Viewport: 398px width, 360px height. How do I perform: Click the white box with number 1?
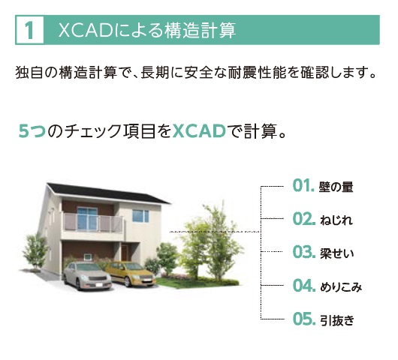29,30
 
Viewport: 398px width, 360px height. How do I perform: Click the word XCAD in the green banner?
86,30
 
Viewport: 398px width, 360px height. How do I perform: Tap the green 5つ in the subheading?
32,131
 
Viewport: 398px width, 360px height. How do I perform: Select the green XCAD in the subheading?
199,131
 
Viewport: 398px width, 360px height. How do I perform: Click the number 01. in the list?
303,185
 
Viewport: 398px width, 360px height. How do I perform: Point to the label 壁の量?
336,187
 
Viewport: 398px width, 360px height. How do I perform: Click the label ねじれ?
336,220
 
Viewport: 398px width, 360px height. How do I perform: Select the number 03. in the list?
304,252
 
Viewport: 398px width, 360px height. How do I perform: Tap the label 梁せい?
336,253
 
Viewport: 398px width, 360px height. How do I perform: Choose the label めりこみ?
341,286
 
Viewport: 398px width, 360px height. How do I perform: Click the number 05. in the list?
304,319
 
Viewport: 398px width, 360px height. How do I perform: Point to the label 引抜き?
336,320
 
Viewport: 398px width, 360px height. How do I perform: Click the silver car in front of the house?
87,276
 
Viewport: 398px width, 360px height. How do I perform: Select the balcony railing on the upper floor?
92,223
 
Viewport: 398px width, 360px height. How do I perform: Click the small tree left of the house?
35,251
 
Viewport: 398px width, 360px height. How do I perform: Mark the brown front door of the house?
125,252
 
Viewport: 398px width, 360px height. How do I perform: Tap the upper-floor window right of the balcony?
140,216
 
